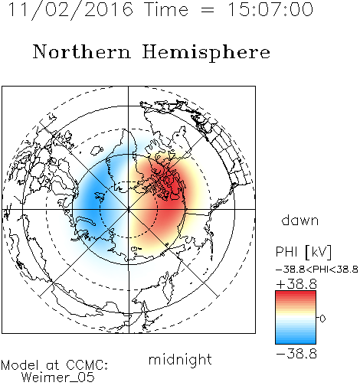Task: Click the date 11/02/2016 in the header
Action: click(x=70, y=10)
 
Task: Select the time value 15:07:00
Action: click(x=270, y=9)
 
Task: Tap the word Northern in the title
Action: click(x=82, y=51)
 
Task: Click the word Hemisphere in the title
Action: click(x=206, y=53)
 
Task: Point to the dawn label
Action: click(x=300, y=220)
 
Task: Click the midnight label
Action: click(x=180, y=360)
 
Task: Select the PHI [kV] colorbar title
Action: click(x=303, y=251)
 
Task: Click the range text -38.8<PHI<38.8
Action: click(x=317, y=270)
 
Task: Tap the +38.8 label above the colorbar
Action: click(x=296, y=284)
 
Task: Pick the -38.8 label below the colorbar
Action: click(x=296, y=354)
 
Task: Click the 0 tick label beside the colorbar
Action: click(x=322, y=319)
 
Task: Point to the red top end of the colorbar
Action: click(x=296, y=293)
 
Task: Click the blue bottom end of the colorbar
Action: click(x=296, y=342)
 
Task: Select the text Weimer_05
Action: click(x=58, y=378)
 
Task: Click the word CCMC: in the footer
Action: click(x=87, y=365)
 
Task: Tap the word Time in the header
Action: click(x=166, y=9)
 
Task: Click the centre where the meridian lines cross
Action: click(x=129, y=209)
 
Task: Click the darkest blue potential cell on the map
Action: click(x=95, y=201)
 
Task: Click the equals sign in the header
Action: click(x=208, y=11)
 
